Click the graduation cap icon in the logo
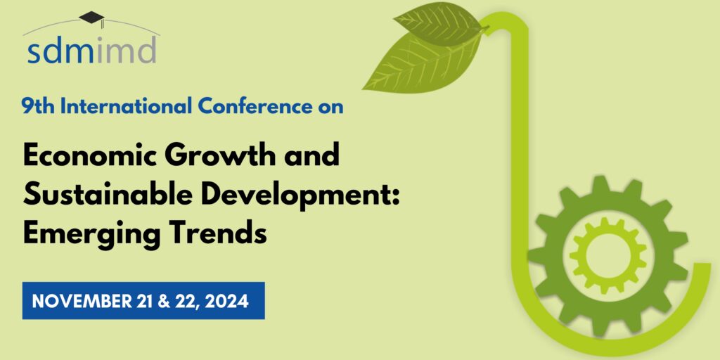(92, 18)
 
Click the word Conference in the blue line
(255, 107)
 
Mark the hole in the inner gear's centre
(607, 257)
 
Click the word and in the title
(314, 155)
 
